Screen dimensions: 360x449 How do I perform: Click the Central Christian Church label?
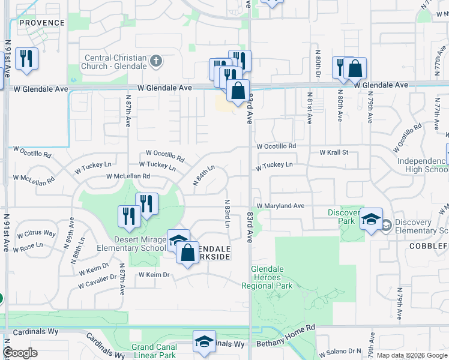[x=115, y=62]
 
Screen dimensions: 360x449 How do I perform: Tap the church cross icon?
[x=156, y=61]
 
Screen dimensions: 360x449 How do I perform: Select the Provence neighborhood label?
[x=41, y=23]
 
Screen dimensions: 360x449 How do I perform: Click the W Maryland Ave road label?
[x=280, y=206]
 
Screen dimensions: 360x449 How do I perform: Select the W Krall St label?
[x=334, y=153]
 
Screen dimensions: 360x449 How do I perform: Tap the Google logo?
[x=20, y=353]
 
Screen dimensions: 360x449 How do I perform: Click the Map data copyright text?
[x=411, y=355]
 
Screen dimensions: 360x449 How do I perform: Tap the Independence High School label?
[x=423, y=165]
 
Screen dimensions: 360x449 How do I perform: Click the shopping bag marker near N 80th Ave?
[x=355, y=68]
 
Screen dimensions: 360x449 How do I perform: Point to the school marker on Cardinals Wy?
[x=204, y=341]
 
